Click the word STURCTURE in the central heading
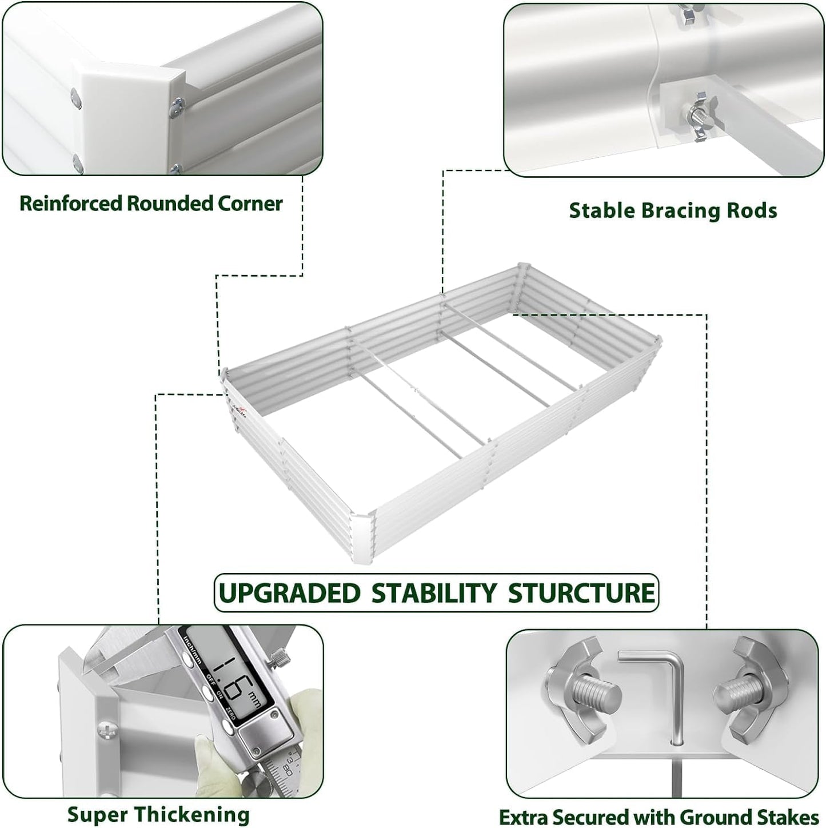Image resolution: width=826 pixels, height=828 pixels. (581, 592)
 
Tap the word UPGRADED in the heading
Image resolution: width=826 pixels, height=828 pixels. (290, 592)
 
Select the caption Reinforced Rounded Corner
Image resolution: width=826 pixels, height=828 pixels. (151, 204)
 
